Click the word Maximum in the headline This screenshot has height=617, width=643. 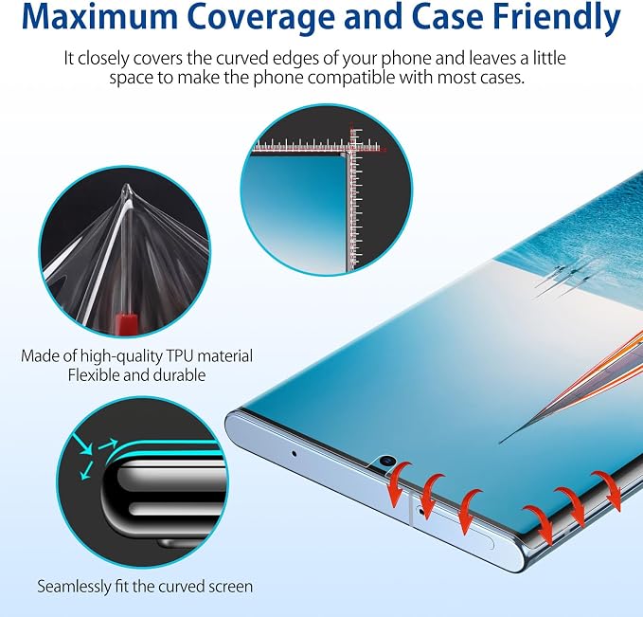click(99, 18)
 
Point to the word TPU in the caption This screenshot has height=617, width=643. click(179, 356)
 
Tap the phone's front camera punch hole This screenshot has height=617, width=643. click(385, 462)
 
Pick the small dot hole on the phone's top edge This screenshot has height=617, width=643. click(294, 454)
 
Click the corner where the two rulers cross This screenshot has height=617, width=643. click(351, 151)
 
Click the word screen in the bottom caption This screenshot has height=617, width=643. click(230, 588)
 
